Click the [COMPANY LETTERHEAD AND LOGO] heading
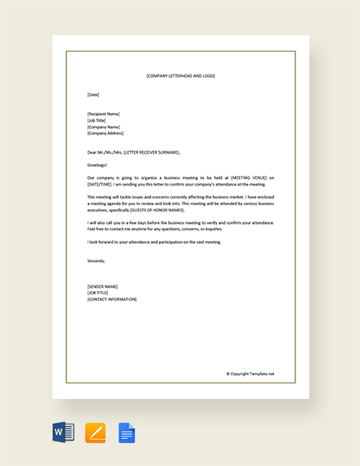pyautogui.click(x=181, y=76)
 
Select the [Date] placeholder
pyautogui.click(x=93, y=95)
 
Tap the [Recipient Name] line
pyautogui.click(x=103, y=114)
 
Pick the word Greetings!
pyautogui.click(x=97, y=164)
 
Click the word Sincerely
pyautogui.click(x=96, y=261)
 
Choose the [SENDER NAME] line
pyautogui.click(x=102, y=286)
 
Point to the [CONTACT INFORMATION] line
pyautogui.click(x=112, y=299)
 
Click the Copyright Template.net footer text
pyautogui.click(x=250, y=374)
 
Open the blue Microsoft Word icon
pyautogui.click(x=63, y=432)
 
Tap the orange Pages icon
pyautogui.click(x=95, y=432)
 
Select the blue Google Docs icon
pyautogui.click(x=127, y=432)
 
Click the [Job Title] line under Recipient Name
pyautogui.click(x=97, y=120)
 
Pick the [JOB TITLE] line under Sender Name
pyautogui.click(x=97, y=293)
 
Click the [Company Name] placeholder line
pyautogui.click(x=103, y=127)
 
